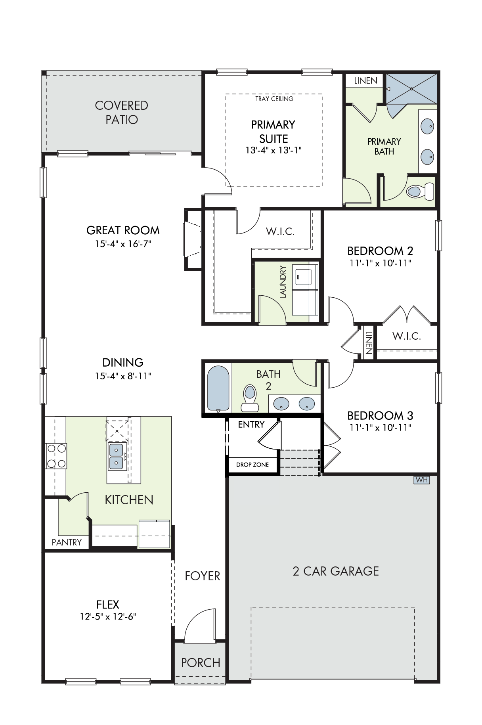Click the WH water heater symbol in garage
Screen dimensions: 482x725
422,480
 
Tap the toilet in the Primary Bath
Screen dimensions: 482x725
421,191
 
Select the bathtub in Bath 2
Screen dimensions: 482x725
218,388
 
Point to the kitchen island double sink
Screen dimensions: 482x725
117,457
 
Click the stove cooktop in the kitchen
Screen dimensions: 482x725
56,456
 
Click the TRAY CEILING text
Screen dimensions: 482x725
274,99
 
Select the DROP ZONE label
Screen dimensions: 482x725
252,465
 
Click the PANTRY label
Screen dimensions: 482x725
67,542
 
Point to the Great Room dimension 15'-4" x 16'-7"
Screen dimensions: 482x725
123,244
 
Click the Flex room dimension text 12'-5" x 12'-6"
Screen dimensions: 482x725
108,616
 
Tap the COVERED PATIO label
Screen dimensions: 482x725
122,112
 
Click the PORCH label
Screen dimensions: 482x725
201,662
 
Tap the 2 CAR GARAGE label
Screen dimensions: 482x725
336,571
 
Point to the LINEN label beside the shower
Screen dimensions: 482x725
365,80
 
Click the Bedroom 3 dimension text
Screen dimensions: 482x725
380,428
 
